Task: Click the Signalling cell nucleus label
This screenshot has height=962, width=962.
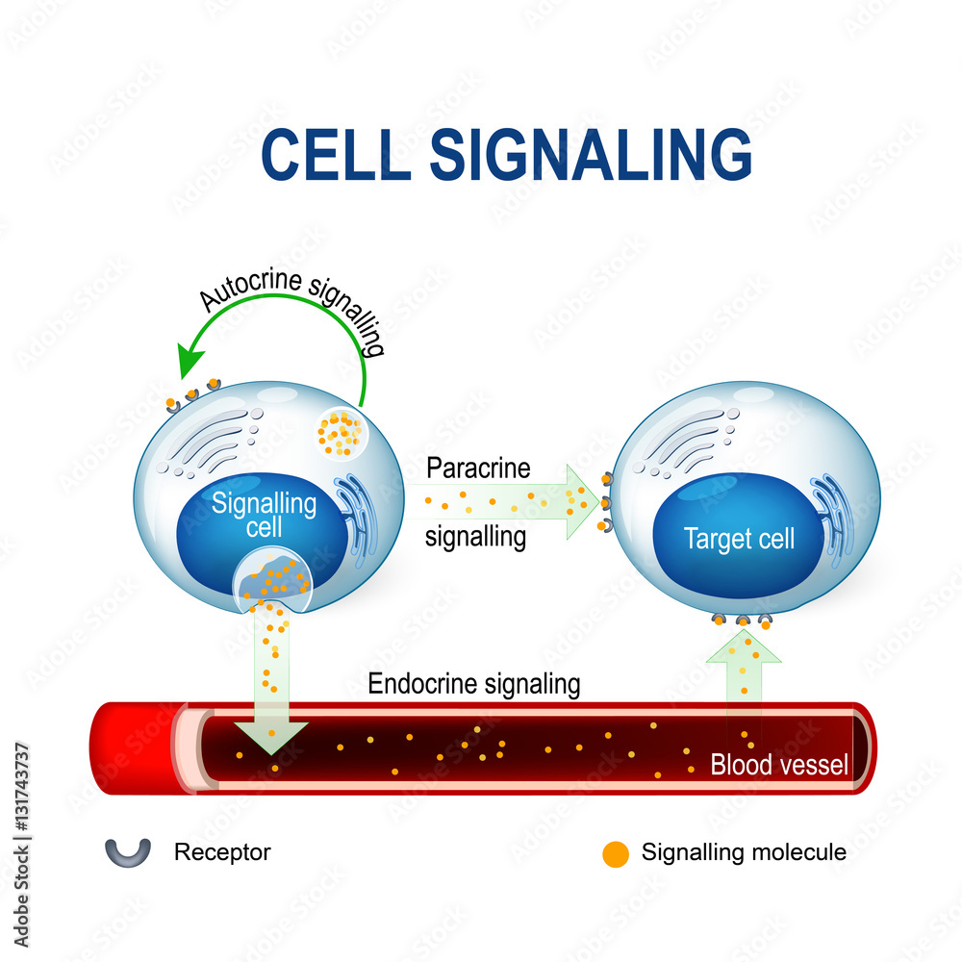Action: click(250, 515)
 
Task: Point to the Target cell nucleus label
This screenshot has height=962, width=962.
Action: click(739, 539)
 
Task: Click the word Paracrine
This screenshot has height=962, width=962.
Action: click(478, 468)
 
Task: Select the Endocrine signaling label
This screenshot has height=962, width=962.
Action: click(474, 684)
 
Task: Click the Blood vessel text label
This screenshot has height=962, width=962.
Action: click(779, 766)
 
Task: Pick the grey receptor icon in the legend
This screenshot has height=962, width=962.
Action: click(128, 850)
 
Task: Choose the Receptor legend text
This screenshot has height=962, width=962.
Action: click(222, 851)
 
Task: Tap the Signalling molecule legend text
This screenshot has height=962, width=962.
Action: click(744, 851)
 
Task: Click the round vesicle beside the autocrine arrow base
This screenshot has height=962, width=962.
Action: click(341, 433)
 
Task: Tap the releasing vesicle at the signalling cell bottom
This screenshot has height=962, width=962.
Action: click(272, 583)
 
